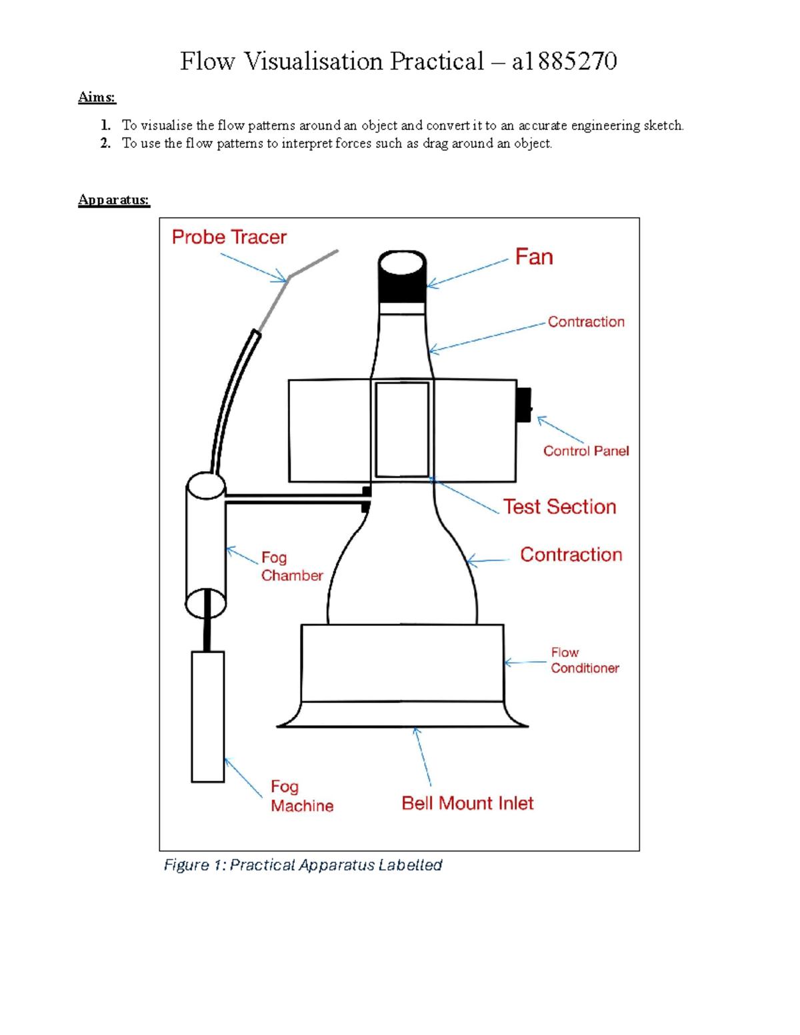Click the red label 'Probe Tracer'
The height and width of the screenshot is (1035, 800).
tap(229, 237)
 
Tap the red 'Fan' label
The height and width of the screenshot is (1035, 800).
tap(533, 257)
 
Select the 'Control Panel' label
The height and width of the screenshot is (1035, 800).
tap(585, 451)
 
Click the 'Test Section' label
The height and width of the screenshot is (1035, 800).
tap(559, 507)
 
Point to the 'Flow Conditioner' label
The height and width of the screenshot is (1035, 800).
tap(584, 660)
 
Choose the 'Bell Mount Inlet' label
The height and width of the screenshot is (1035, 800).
tap(467, 804)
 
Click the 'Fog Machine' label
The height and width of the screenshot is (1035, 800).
tap(301, 796)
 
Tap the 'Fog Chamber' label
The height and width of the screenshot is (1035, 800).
tap(291, 566)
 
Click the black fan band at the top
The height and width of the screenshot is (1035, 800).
tap(402, 288)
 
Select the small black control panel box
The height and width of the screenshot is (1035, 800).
tap(524, 405)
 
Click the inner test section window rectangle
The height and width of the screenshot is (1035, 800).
tap(402, 429)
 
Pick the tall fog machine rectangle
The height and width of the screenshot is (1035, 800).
tap(207, 716)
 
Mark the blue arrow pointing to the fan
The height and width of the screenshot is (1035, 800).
tap(467, 273)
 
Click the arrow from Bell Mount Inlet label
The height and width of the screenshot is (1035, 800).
tap(423, 756)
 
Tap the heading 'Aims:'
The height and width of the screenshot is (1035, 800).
tap(97, 97)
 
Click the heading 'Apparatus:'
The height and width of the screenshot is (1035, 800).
tap(113, 200)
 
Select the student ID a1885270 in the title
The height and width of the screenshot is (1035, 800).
tap(564, 61)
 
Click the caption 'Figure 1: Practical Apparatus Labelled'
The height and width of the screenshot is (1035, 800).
tap(303, 865)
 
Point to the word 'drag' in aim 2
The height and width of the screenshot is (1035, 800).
tap(435, 143)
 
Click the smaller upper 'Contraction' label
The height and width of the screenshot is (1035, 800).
tap(585, 322)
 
